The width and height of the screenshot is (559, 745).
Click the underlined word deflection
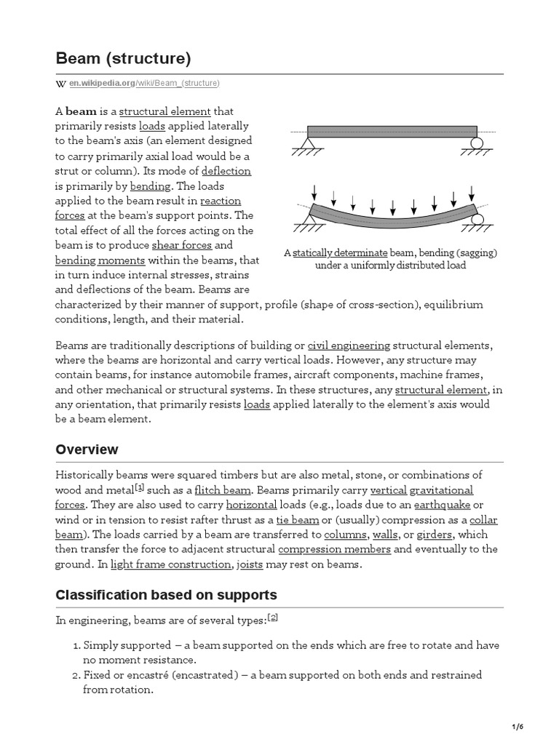(226, 171)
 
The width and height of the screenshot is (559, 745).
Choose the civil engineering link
(349, 345)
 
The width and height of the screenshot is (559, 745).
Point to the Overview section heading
(87, 450)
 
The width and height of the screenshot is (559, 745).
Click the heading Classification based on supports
(166, 595)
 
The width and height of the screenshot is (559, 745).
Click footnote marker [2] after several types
(273, 618)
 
